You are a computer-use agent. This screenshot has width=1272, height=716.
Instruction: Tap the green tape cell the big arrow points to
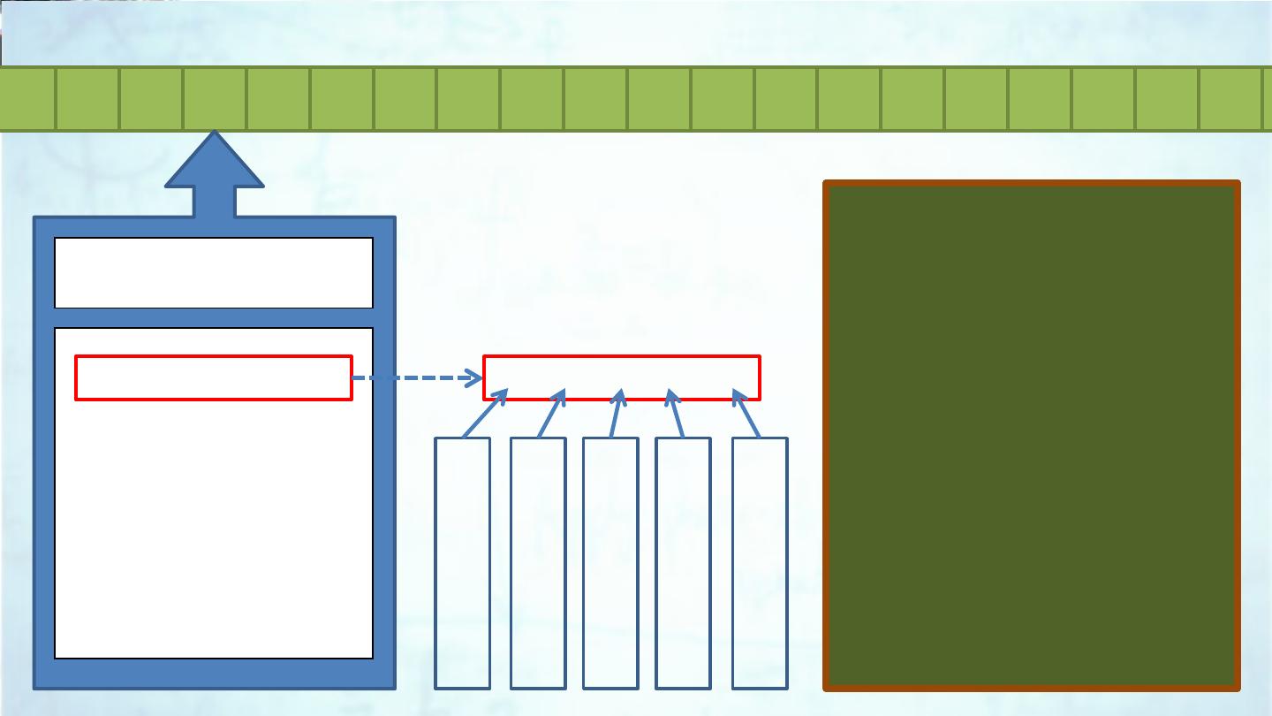pyautogui.click(x=215, y=98)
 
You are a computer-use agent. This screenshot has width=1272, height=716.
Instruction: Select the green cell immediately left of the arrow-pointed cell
pyautogui.click(x=151, y=98)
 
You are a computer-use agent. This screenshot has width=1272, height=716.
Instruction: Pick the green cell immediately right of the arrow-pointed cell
pyautogui.click(x=278, y=98)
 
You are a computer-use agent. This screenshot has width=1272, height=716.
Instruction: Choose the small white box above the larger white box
pyautogui.click(x=214, y=272)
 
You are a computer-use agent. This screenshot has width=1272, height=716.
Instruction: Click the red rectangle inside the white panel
pyautogui.click(x=214, y=378)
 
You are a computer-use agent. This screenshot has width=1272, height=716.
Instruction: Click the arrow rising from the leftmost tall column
pyautogui.click(x=484, y=414)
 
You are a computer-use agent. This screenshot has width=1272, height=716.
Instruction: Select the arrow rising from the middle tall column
pyautogui.click(x=616, y=414)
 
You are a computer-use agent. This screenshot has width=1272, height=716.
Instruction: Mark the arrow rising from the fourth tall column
pyautogui.click(x=677, y=414)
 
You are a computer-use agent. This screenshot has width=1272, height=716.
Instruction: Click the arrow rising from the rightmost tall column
pyautogui.click(x=747, y=414)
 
